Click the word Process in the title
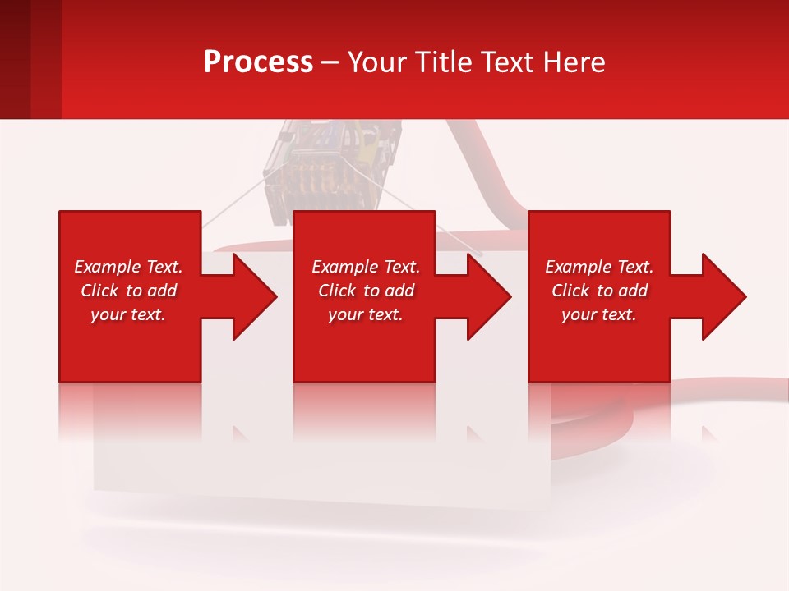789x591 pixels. pyautogui.click(x=258, y=62)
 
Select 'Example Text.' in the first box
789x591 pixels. pyautogui.click(x=128, y=267)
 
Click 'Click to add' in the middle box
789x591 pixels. pyautogui.click(x=366, y=291)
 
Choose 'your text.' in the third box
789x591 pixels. pyautogui.click(x=599, y=314)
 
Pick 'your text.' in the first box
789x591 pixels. pyautogui.click(x=128, y=314)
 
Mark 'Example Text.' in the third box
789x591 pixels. pyautogui.click(x=599, y=267)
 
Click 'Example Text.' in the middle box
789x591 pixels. pyautogui.click(x=366, y=267)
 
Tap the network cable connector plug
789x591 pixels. pyautogui.click(x=333, y=164)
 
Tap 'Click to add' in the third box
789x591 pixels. pyautogui.click(x=599, y=291)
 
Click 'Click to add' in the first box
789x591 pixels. pyautogui.click(x=128, y=291)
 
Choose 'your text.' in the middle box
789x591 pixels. pyautogui.click(x=366, y=314)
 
